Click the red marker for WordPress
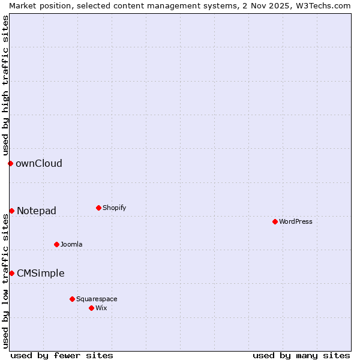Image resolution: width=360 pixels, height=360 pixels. pyautogui.click(x=275, y=221)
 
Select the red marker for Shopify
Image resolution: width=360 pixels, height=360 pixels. pyautogui.click(x=98, y=208)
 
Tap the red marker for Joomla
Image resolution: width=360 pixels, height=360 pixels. pyautogui.click(x=56, y=244)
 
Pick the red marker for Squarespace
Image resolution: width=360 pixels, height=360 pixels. pyautogui.click(x=72, y=299)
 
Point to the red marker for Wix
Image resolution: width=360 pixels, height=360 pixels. pyautogui.click(x=91, y=308)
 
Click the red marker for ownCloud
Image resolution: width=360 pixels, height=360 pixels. pyautogui.click(x=10, y=163)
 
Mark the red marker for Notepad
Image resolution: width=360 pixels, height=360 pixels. pyautogui.click(x=11, y=211)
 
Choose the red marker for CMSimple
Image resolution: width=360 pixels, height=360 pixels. pyautogui.click(x=11, y=273)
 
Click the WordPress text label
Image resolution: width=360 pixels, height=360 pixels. pyautogui.click(x=296, y=221)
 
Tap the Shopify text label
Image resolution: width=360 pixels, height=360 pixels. pyautogui.click(x=114, y=208)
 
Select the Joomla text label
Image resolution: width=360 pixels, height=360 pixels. pyautogui.click(x=71, y=244)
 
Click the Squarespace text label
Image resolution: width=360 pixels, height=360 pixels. pyautogui.click(x=97, y=299)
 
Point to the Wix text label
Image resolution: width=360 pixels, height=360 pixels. pyautogui.click(x=101, y=308)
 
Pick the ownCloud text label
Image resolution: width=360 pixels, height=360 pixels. pyautogui.click(x=39, y=163)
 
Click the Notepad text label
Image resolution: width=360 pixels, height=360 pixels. pyautogui.click(x=37, y=211)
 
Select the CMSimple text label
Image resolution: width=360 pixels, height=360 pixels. pyautogui.click(x=40, y=273)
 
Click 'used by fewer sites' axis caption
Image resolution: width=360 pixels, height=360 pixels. pyautogui.click(x=62, y=355)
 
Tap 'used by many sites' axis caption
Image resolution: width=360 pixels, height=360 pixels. pyautogui.click(x=301, y=355)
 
